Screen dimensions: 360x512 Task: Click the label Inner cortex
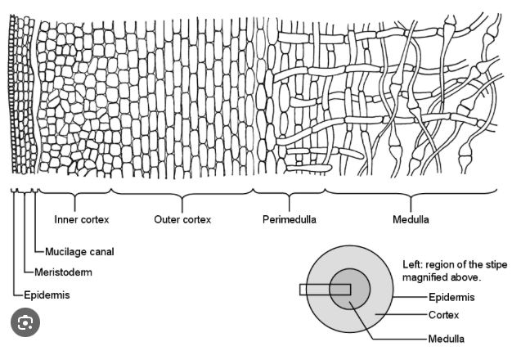click(82, 220)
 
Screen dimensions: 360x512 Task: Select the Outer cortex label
click(182, 220)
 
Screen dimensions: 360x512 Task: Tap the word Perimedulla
click(290, 220)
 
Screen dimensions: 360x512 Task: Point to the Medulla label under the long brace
click(411, 220)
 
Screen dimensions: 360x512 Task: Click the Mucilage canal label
click(79, 252)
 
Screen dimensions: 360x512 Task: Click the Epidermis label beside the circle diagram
click(451, 298)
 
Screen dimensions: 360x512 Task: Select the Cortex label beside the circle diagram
click(445, 315)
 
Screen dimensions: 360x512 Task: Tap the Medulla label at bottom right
click(447, 339)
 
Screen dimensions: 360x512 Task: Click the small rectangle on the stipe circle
click(325, 290)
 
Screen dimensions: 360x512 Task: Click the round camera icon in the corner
click(25, 323)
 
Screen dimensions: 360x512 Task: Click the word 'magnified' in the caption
click(428, 278)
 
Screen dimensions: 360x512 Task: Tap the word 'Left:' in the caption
click(413, 265)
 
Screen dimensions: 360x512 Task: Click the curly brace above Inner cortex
click(74, 195)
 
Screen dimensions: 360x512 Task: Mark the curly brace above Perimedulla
click(289, 195)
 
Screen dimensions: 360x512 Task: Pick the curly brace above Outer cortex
click(182, 195)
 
